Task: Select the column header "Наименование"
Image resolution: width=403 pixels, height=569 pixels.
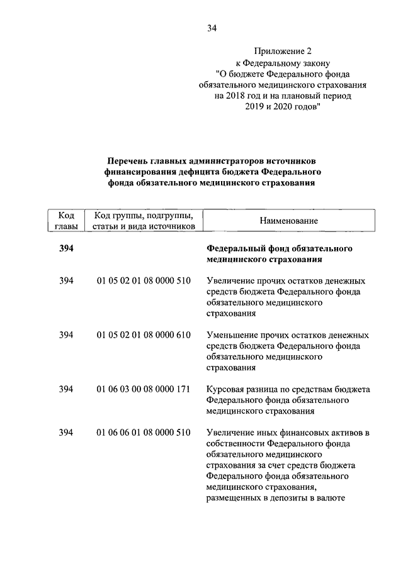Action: pyautogui.click(x=289, y=221)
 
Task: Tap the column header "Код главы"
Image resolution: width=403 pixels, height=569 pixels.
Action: pyautogui.click(x=66, y=221)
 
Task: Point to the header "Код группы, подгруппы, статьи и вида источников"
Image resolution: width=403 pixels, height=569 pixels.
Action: pyautogui.click(x=143, y=221)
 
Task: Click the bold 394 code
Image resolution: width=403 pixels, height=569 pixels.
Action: pyautogui.click(x=66, y=248)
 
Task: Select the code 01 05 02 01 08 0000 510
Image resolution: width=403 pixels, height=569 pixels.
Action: pyautogui.click(x=144, y=280)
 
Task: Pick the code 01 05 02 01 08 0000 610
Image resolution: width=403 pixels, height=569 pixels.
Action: pyautogui.click(x=144, y=334)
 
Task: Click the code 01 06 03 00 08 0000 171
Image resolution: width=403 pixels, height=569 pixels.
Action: pyautogui.click(x=144, y=389)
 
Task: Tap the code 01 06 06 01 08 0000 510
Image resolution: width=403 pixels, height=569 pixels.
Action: pyautogui.click(x=144, y=433)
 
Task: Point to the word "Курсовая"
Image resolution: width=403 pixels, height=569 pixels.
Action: pyautogui.click(x=225, y=389)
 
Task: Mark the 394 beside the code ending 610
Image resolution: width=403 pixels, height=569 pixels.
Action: pyautogui.click(x=66, y=334)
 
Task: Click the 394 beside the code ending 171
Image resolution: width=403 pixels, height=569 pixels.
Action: pyautogui.click(x=66, y=389)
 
